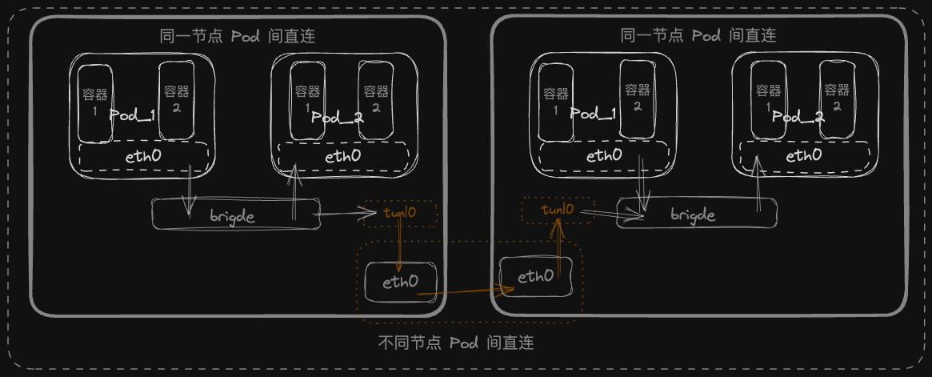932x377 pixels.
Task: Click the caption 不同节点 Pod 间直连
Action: (455, 343)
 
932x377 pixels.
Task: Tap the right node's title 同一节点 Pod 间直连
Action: (698, 36)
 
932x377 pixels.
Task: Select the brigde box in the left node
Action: (235, 215)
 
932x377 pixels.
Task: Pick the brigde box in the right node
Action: (697, 215)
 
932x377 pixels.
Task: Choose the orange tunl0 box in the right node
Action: (558, 211)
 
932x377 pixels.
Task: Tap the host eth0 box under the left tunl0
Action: (400, 282)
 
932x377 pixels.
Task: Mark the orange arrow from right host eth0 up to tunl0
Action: (561, 247)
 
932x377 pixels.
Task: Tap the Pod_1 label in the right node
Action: (594, 114)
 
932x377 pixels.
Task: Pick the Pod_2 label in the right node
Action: (798, 117)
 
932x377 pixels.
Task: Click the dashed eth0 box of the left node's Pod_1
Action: (144, 156)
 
